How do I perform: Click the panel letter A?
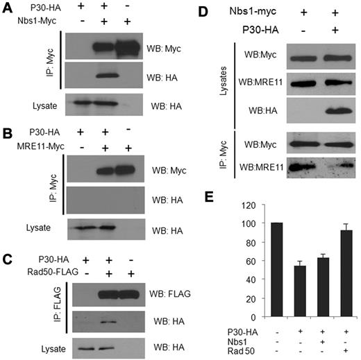pyautogui.click(x=7, y=7)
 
